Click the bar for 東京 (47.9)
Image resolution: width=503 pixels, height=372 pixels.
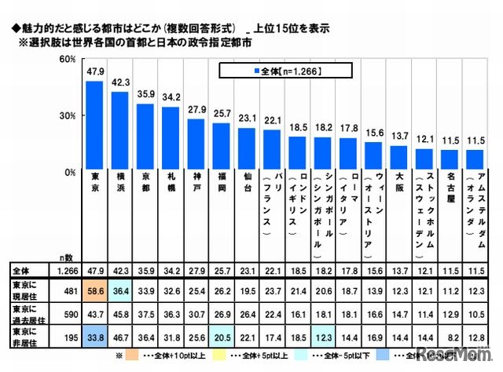click(94, 126)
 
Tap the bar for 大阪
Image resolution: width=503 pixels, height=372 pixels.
click(399, 158)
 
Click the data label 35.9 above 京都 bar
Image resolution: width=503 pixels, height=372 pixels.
click(145, 93)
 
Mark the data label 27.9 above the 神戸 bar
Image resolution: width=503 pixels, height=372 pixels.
click(196, 108)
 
